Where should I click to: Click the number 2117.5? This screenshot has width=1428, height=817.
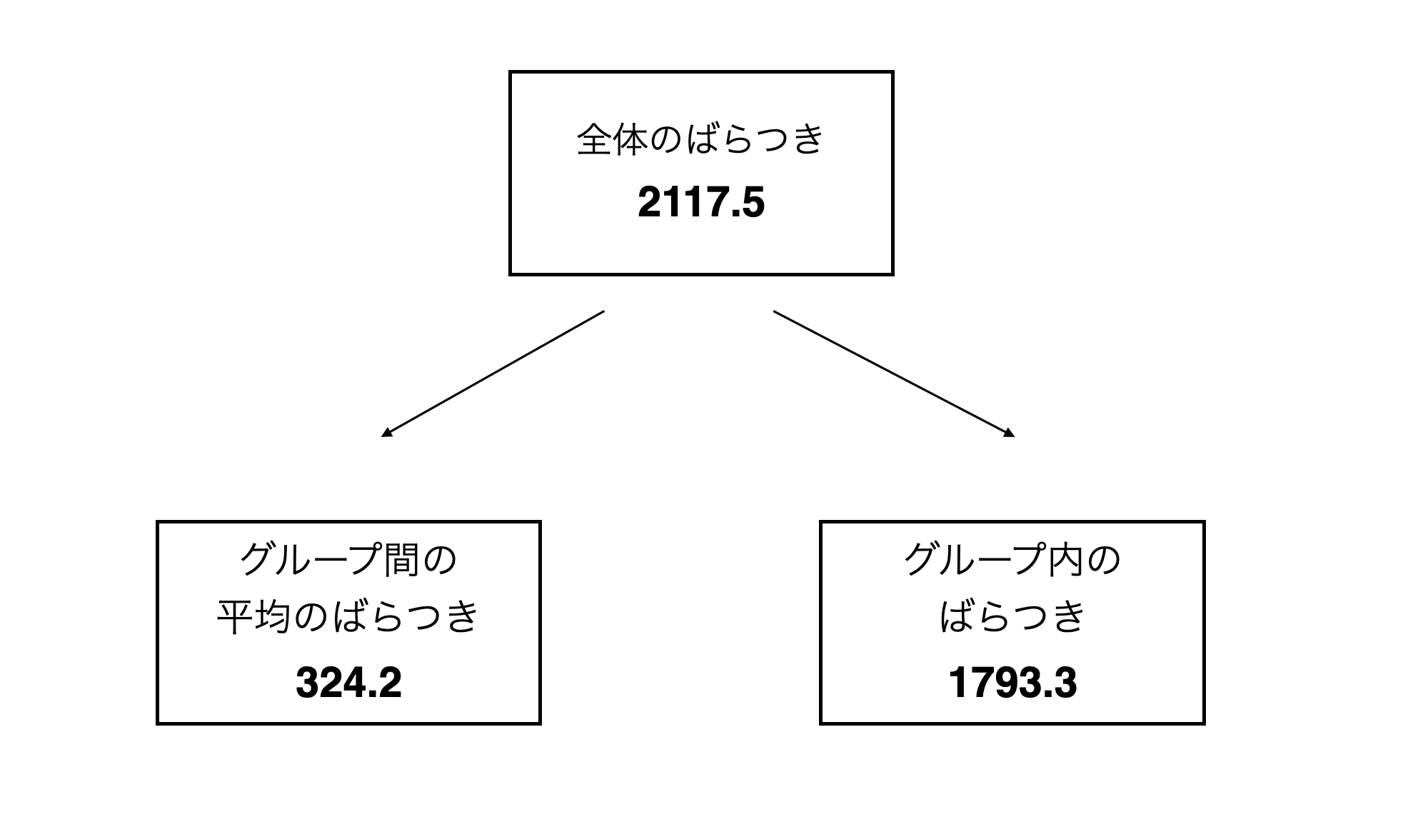tap(701, 203)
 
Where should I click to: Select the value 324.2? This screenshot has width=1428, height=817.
tap(348, 682)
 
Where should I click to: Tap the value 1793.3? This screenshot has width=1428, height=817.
tap(1012, 682)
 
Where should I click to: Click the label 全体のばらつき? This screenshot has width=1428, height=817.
tap(700, 139)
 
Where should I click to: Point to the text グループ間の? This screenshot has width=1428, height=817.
tap(348, 559)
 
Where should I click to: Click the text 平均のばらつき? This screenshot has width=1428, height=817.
tap(348, 616)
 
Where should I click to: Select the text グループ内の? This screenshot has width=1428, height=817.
tap(1012, 559)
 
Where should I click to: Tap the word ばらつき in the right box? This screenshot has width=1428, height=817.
tap(1012, 616)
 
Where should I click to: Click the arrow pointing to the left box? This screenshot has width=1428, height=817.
tap(493, 374)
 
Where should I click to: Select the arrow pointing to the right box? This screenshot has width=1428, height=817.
tap(894, 374)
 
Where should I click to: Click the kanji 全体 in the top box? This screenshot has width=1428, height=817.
tap(612, 139)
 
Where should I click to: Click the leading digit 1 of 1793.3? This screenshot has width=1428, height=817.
tap(958, 682)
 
